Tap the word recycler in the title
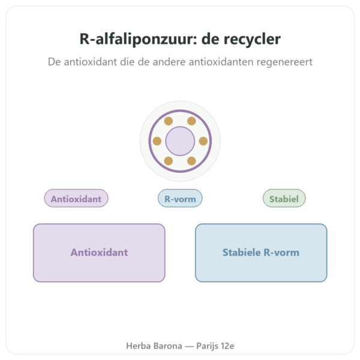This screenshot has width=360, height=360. tap(252, 39)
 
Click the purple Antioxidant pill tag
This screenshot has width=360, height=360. tap(76, 198)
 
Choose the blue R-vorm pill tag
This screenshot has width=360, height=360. tap(180, 198)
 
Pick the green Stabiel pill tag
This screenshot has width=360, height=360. tap(284, 198)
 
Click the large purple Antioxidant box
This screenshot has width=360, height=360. tap(99, 253)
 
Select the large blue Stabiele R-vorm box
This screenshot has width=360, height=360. tap(261, 253)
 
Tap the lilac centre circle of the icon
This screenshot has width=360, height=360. tap(180, 141)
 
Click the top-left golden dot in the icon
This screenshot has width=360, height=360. tap(169, 121)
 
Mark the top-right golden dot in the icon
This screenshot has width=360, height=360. tap(191, 121)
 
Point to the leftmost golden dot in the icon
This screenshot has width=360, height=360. tap(157, 141)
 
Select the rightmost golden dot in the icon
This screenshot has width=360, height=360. tap(203, 141)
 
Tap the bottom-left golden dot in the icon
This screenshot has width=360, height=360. tap(169, 161)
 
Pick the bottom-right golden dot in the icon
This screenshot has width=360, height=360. tap(191, 161)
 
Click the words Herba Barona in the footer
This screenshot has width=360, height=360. tap(154, 346)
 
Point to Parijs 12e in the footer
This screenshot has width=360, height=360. tap(215, 346)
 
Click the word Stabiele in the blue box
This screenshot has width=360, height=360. tap(242, 253)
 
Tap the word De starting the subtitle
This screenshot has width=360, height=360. tap(54, 62)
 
